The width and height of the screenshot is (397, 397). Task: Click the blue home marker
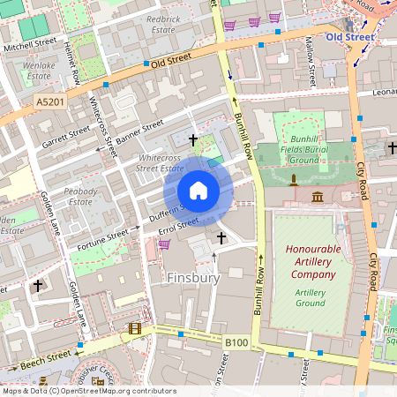pyautogui.click(x=198, y=191)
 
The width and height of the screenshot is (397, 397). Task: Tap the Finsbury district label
pyautogui.click(x=192, y=278)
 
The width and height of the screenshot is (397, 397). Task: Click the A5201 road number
pyautogui.click(x=49, y=103)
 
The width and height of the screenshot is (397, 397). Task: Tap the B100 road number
pyautogui.click(x=236, y=342)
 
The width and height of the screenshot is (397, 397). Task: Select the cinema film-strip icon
pyautogui.click(x=134, y=328)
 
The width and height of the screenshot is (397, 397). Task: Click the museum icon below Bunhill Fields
pyautogui.click(x=318, y=195)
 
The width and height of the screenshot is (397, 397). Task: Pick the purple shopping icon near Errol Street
pyautogui.click(x=164, y=243)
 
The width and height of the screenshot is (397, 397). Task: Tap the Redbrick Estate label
pyautogui.click(x=162, y=23)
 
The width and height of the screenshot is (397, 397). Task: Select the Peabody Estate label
pyautogui.click(x=81, y=196)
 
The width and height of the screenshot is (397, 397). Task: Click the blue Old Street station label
pyautogui.click(x=348, y=37)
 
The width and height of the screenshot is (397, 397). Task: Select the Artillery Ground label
pyautogui.click(x=310, y=297)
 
